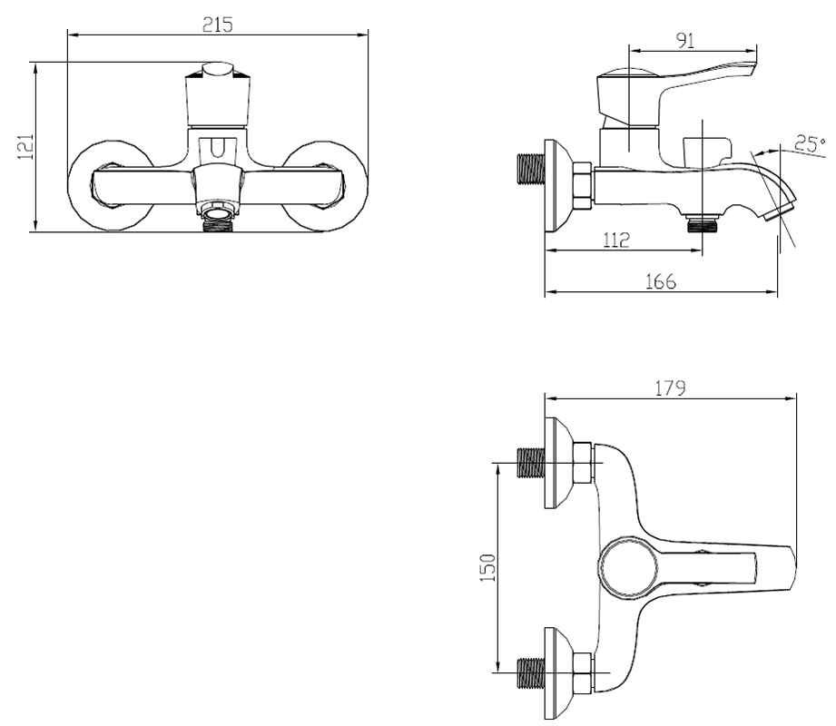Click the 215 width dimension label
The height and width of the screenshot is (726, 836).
217,25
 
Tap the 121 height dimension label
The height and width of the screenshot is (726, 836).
25,147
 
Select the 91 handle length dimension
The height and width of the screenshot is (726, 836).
685,41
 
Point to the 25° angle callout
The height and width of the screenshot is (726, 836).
810,143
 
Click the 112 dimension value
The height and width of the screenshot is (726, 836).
616,240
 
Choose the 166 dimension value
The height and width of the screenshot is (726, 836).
660,281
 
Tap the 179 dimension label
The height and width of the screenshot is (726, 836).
670,388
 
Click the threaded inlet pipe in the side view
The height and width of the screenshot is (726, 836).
532,170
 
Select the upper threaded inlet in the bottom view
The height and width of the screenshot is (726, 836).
532,462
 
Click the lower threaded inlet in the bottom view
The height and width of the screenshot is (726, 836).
532,672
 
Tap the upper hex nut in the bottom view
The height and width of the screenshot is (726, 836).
583,463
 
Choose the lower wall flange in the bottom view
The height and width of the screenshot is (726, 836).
557,672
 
